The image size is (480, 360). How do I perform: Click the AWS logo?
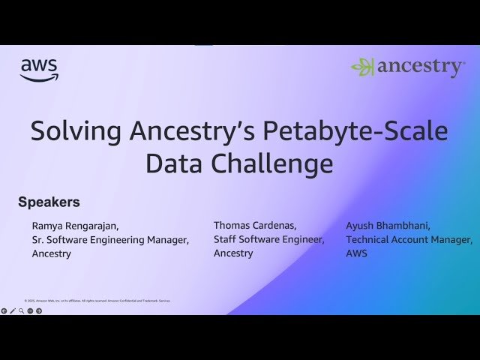tap(39, 70)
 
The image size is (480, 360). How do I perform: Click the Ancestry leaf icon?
tap(363, 67)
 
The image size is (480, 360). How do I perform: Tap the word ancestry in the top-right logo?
tap(420, 67)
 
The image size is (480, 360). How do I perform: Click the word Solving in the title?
tap(76, 131)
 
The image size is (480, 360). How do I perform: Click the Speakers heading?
tap(49, 202)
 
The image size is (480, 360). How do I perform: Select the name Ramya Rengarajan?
tap(75, 226)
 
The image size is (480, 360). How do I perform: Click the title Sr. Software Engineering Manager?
tap(110, 240)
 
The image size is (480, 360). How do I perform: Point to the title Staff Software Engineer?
tap(269, 239)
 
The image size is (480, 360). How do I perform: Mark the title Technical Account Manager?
tap(409, 240)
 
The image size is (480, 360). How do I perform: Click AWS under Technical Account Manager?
tap(357, 253)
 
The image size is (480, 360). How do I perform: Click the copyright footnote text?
tap(97, 301)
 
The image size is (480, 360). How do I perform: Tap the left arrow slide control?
tap(4, 310)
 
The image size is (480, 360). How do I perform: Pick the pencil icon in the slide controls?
tap(13, 310)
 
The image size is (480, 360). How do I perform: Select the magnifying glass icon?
tap(22, 310)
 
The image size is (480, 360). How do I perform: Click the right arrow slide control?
tap(39, 310)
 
